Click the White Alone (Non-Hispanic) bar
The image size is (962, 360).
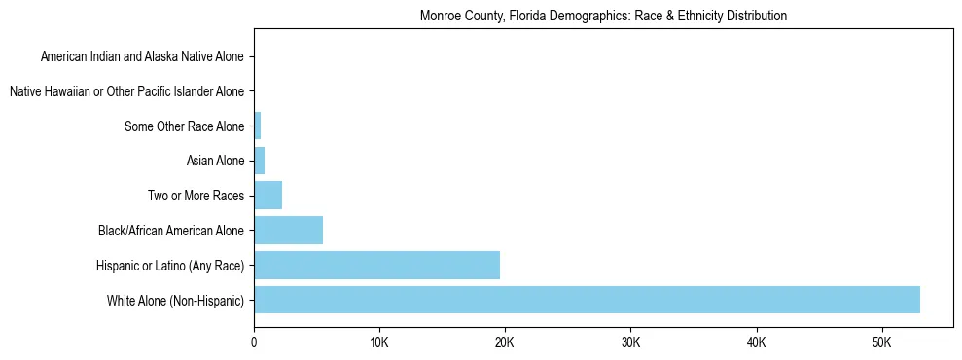click(587, 300)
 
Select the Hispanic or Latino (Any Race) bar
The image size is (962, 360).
click(376, 265)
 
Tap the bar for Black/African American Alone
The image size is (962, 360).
click(288, 231)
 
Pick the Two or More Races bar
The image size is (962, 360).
click(267, 196)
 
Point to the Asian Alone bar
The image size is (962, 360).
click(259, 161)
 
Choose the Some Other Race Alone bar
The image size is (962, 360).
click(257, 126)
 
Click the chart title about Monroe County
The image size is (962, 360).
click(603, 17)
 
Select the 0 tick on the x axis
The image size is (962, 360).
click(254, 342)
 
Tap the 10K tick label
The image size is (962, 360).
click(379, 342)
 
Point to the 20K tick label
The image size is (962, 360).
click(505, 342)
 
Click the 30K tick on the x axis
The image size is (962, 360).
click(630, 342)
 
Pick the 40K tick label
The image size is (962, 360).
click(756, 342)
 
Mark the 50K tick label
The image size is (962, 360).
click(881, 342)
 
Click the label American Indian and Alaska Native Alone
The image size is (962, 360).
click(142, 56)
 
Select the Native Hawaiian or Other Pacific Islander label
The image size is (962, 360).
click(126, 91)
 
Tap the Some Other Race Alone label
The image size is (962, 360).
click(184, 126)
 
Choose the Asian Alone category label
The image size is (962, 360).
click(215, 161)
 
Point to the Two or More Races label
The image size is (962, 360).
click(196, 196)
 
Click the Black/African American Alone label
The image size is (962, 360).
click(171, 231)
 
